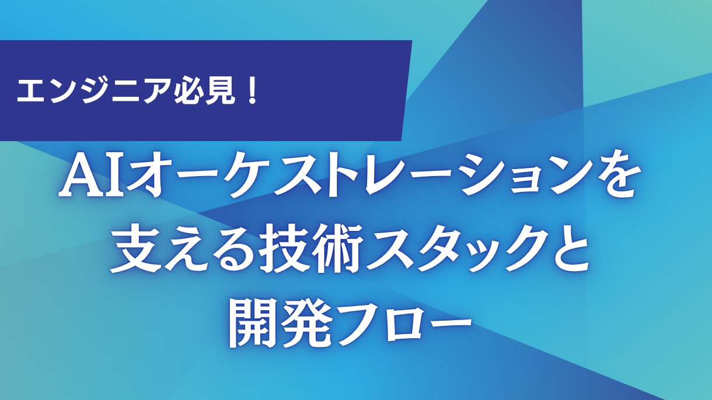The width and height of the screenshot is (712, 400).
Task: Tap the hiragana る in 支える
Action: pyautogui.click(x=226, y=252)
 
